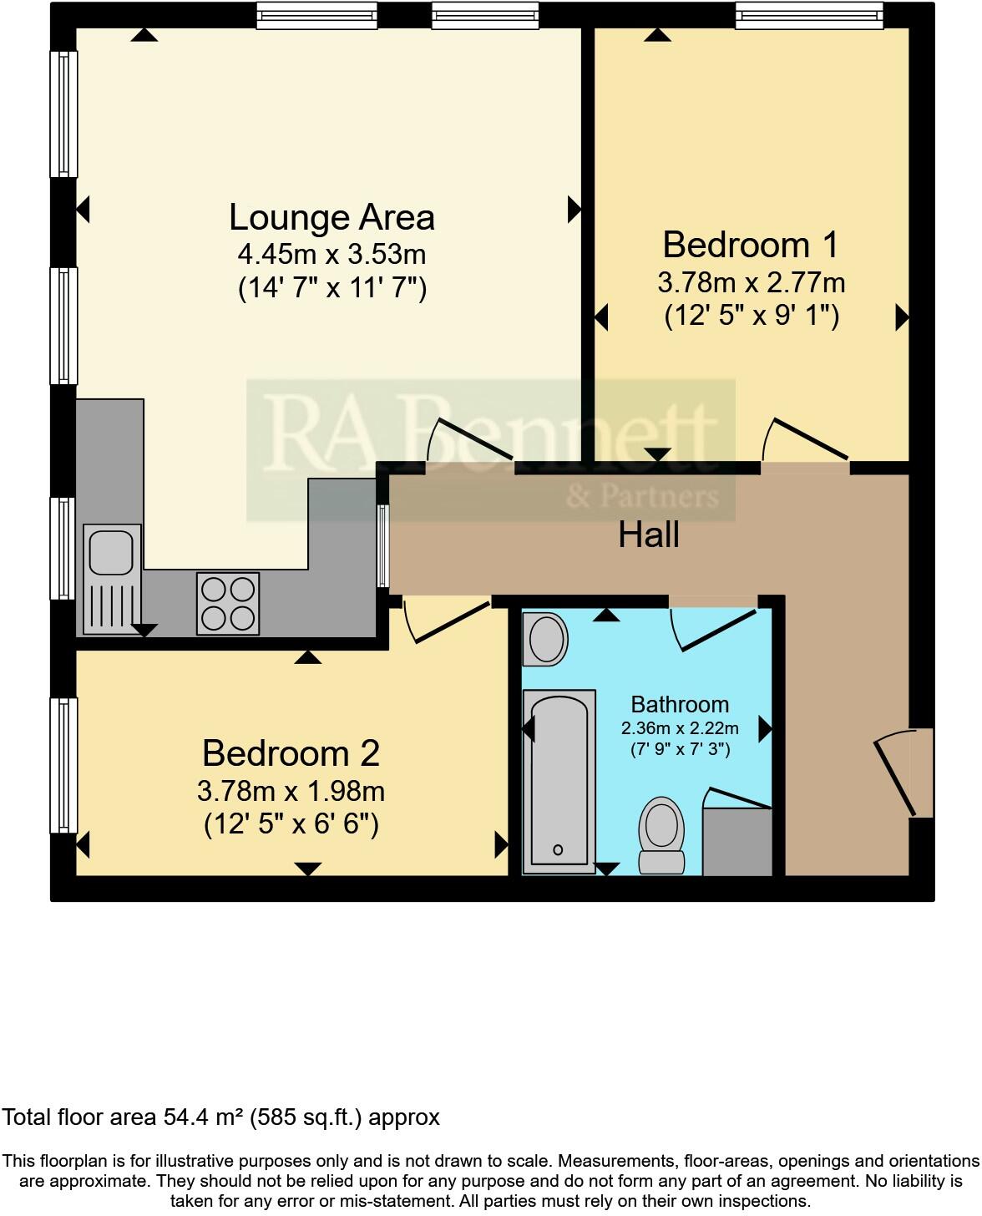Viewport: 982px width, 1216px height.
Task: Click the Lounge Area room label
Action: pyautogui.click(x=332, y=217)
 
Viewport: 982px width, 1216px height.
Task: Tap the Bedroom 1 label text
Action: pyautogui.click(x=750, y=245)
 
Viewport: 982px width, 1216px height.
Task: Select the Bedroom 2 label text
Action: pyautogui.click(x=291, y=753)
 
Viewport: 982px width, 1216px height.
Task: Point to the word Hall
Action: pyautogui.click(x=649, y=535)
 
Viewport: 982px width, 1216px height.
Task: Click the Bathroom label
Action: pyautogui.click(x=680, y=704)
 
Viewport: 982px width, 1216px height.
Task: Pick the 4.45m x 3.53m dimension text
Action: pyautogui.click(x=332, y=253)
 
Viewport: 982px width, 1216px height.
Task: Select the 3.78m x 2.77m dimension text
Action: pyautogui.click(x=751, y=282)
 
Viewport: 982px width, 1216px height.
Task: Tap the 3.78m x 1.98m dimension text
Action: pyautogui.click(x=291, y=789)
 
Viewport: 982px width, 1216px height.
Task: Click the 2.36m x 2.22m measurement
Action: pyautogui.click(x=680, y=728)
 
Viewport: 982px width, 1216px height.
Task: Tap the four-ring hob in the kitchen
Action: pyautogui.click(x=228, y=603)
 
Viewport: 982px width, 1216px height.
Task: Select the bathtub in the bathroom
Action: pyautogui.click(x=559, y=781)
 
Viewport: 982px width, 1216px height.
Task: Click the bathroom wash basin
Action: pyautogui.click(x=546, y=640)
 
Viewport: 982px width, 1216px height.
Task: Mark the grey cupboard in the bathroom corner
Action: pyautogui.click(x=736, y=842)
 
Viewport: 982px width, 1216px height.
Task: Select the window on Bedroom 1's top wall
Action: pyautogui.click(x=808, y=15)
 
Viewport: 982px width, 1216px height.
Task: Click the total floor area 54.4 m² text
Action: pyautogui.click(x=221, y=1117)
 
